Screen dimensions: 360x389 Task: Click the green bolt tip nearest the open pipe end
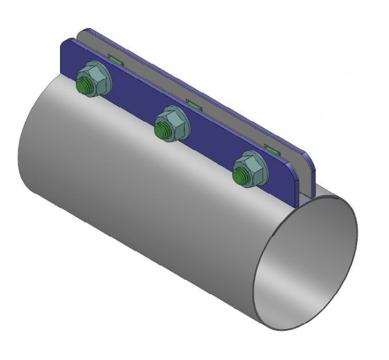click(238, 177)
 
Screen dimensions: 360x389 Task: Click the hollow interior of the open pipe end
click(306, 263)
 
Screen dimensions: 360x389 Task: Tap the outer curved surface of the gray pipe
click(143, 217)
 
